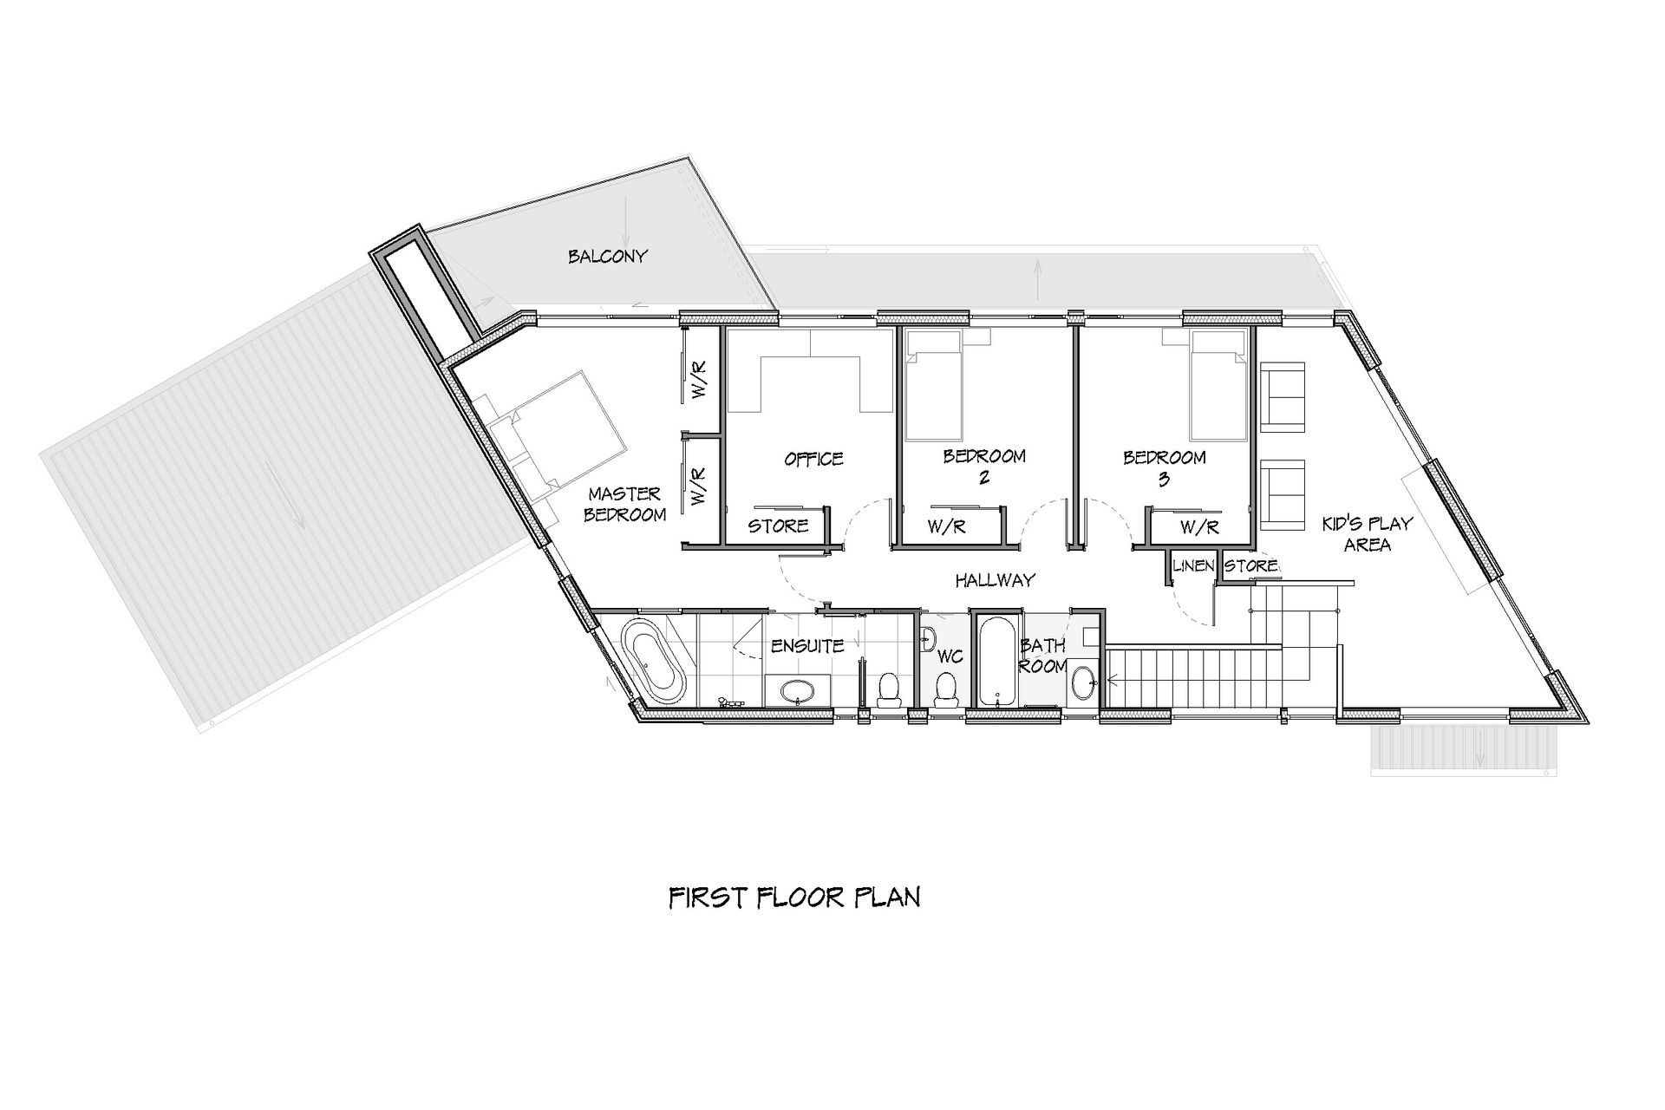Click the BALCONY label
pos(608,257)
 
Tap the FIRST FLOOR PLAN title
pos(794,898)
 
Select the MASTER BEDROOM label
pos(625,504)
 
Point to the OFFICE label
pos(813,459)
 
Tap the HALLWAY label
pos(996,580)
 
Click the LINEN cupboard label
pos(1193,566)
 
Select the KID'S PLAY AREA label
pos(1368,534)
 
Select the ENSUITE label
pos(807,646)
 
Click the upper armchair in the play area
pos(1283,398)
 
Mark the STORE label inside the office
pos(778,526)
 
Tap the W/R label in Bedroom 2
pos(947,526)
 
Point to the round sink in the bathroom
pos(1082,682)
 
